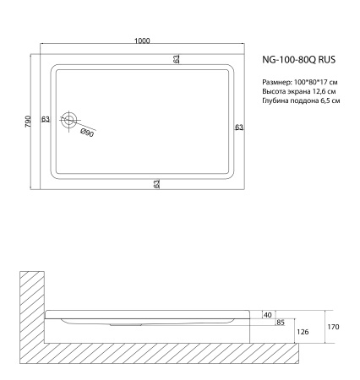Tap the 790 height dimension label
pos(27,121)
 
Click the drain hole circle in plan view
pos(74,122)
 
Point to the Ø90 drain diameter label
pos(86,133)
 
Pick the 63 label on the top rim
pos(177,59)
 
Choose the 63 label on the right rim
pos(239,128)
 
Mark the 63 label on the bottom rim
pos(157,183)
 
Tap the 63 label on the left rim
pos(45,120)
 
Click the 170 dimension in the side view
pos(333,324)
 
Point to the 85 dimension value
pos(280,322)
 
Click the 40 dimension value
pos(268,313)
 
